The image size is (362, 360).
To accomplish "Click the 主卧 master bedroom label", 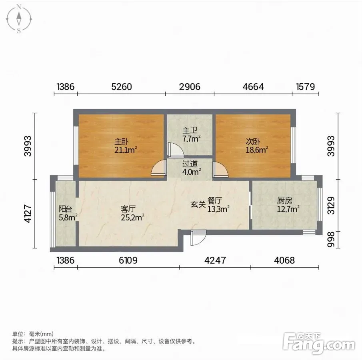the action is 122,141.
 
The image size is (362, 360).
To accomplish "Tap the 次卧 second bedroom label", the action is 252,141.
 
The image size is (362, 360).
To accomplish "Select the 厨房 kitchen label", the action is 284,200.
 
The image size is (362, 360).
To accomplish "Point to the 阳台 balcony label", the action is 65,209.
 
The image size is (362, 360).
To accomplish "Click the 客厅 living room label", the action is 128,209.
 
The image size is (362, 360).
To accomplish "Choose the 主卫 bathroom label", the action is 190,131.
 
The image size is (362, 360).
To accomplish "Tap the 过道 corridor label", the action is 190,164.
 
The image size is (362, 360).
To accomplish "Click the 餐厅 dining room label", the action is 215,200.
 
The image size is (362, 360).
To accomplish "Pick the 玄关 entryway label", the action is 198,204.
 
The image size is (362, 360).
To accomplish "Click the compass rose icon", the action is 19,19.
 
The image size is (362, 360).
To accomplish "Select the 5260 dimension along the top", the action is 122,87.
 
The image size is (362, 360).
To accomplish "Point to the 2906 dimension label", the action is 190,87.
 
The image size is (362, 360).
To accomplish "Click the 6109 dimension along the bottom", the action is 128,260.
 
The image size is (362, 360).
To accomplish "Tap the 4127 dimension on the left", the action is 28,214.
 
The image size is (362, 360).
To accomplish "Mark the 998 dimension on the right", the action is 331,240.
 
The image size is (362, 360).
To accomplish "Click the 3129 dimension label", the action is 331,205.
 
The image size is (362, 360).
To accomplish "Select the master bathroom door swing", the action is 176,150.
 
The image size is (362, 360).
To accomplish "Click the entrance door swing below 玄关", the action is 198,238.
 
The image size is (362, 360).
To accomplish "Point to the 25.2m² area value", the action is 132,217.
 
